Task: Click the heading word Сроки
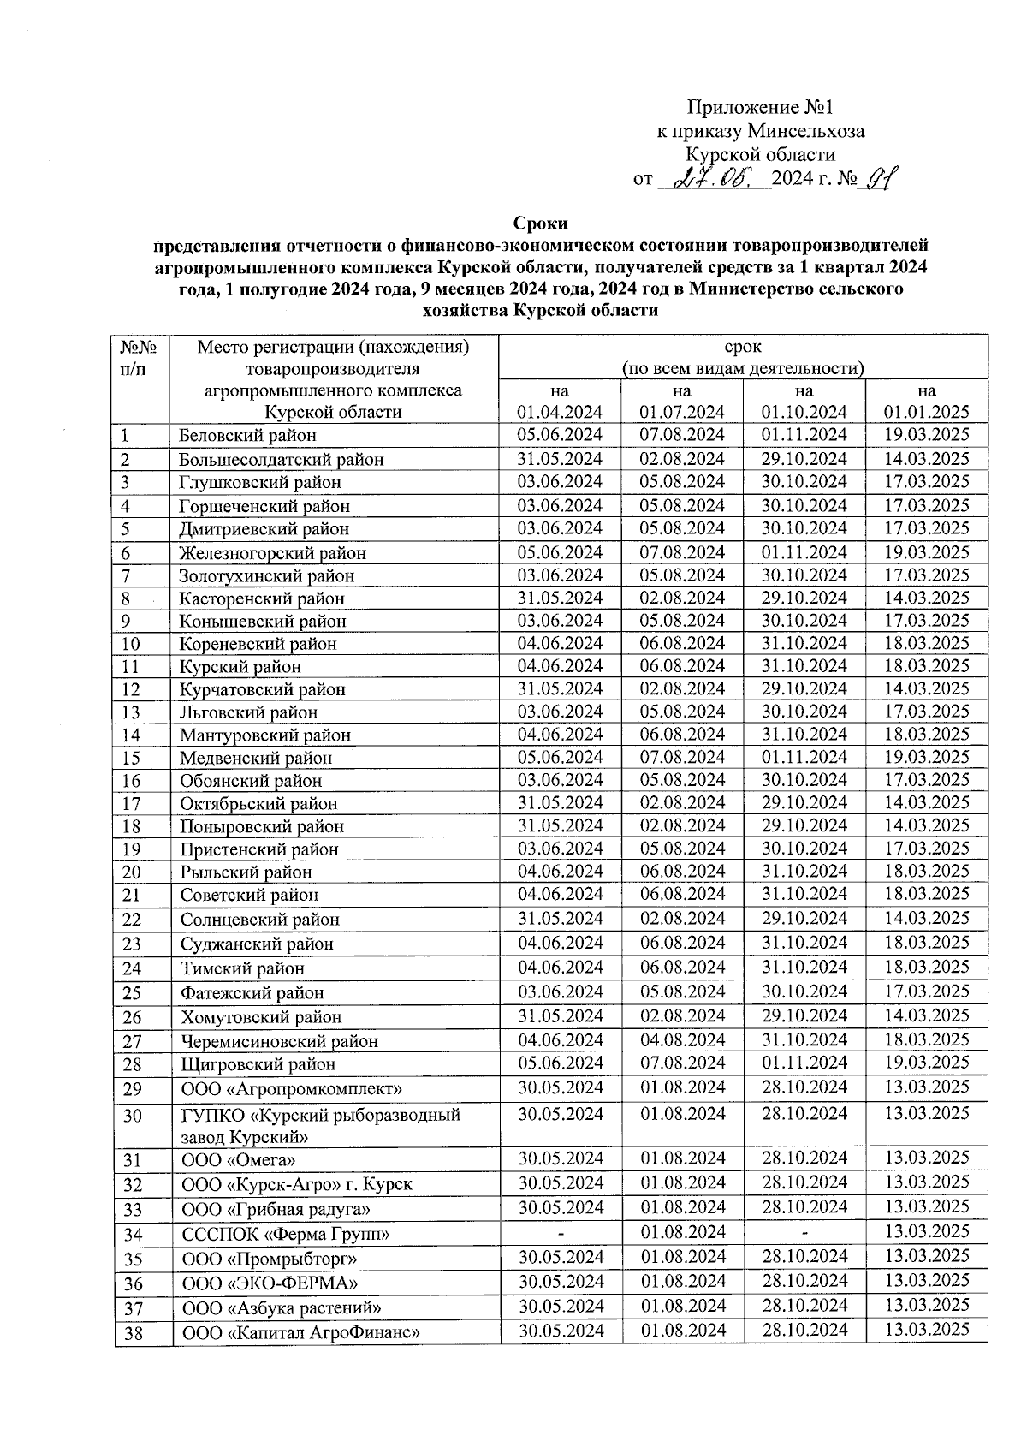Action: pyautogui.click(x=541, y=223)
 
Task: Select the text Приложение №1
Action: pyautogui.click(x=760, y=108)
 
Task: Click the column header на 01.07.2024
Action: pyautogui.click(x=682, y=401)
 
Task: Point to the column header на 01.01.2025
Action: pyautogui.click(x=926, y=401)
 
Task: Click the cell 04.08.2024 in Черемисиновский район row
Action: pyautogui.click(x=682, y=1040)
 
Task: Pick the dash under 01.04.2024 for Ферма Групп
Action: pyautogui.click(x=561, y=1233)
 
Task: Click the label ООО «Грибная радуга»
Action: pyautogui.click(x=276, y=1209)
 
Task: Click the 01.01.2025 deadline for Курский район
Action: pyautogui.click(x=926, y=666)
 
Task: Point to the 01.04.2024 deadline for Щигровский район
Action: pyautogui.click(x=561, y=1063)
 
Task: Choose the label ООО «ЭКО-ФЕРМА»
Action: pyautogui.click(x=270, y=1283)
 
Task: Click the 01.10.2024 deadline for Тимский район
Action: pyautogui.click(x=804, y=968)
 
